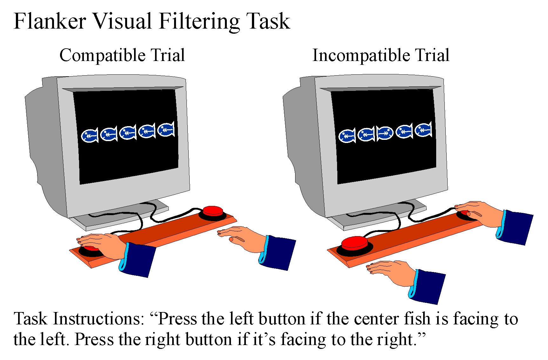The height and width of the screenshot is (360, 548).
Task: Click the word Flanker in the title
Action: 50,22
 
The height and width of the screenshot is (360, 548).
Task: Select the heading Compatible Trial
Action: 122,55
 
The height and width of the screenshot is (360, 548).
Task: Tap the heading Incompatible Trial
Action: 381,55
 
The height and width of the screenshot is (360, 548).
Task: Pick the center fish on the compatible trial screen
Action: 128,132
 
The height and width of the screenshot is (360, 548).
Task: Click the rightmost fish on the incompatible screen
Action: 423,129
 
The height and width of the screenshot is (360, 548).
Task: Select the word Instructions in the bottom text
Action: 99,319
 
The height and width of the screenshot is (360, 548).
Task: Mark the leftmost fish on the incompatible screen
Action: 347,136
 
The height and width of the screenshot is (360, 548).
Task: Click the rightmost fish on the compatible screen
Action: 166,129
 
